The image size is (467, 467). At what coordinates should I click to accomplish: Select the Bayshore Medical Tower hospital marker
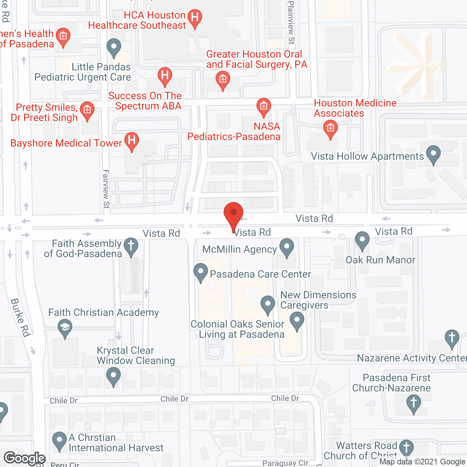[132, 141]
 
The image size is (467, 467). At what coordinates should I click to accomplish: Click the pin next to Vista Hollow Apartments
[433, 154]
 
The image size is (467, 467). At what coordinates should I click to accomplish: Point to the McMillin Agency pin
[287, 247]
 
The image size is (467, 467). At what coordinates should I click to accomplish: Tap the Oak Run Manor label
[380, 260]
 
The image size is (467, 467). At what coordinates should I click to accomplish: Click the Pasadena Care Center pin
[200, 272]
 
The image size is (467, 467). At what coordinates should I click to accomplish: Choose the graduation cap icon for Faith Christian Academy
[65, 328]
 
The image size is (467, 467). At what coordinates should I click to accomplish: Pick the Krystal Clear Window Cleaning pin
[113, 376]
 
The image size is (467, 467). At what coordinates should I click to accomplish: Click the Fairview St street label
[106, 189]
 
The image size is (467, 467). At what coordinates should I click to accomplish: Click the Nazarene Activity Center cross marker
[452, 338]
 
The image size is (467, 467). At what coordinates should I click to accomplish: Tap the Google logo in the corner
[25, 458]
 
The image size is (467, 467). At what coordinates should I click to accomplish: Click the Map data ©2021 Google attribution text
[422, 462]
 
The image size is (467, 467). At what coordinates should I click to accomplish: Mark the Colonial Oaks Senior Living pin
[297, 321]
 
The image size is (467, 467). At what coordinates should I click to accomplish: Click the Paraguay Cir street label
[285, 463]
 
